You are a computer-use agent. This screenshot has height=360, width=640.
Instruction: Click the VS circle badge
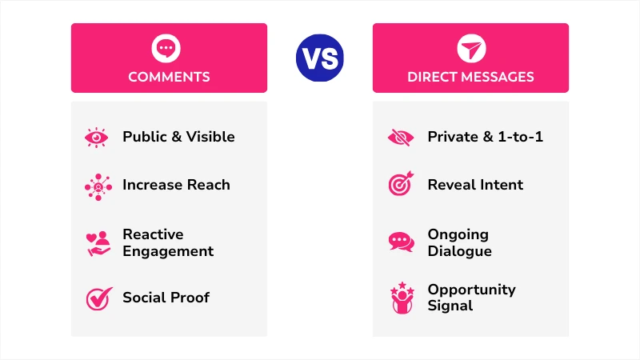point(319,58)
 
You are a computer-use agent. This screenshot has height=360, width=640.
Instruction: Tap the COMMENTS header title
point(169,78)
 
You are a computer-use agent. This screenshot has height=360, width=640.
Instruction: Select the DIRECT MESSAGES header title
point(470,78)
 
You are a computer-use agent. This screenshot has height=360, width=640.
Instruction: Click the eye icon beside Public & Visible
point(98,137)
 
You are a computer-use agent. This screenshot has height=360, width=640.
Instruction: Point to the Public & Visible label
point(178,137)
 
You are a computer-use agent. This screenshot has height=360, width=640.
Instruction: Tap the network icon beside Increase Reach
point(98,186)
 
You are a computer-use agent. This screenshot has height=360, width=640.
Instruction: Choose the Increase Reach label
point(176,185)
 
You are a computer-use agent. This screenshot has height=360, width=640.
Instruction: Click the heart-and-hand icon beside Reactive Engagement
point(98,243)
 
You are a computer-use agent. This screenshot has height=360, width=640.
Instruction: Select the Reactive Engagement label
point(168,242)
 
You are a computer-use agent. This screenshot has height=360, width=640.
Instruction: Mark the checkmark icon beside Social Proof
point(98,298)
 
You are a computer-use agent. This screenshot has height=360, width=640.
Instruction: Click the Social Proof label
point(166,298)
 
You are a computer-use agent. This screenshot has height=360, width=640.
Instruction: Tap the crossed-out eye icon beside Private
point(401,137)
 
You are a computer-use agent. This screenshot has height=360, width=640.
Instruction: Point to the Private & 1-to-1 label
point(485,137)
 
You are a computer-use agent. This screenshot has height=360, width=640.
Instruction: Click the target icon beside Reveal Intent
point(401,185)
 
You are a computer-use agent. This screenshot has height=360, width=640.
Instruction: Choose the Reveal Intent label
point(475,185)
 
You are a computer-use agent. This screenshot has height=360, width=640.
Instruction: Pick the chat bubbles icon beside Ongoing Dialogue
point(401,242)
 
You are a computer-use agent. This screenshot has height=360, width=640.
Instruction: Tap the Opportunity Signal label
point(471,298)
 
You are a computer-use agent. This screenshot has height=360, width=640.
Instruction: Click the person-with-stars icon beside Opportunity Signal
point(401,298)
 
